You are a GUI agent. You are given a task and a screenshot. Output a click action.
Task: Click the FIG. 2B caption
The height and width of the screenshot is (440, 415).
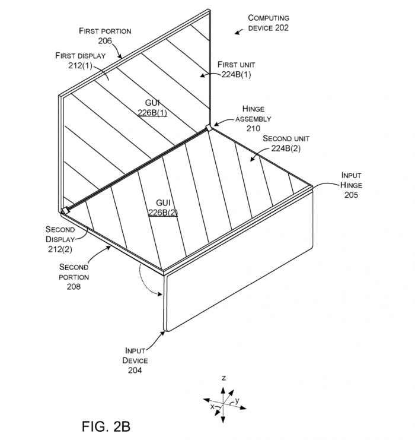[106, 426]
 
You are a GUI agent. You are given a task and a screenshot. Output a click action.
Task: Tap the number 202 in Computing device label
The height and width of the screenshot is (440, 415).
[279, 28]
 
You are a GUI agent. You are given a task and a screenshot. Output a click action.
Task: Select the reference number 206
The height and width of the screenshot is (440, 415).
[105, 41]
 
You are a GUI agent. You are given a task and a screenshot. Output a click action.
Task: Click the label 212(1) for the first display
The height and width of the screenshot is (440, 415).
[80, 65]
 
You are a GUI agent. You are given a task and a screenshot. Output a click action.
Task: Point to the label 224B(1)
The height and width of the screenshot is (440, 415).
[236, 75]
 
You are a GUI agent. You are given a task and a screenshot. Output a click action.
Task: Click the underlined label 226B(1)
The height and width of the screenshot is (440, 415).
[152, 113]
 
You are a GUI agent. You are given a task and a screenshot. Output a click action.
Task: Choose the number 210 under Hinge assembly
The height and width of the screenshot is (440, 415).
[253, 128]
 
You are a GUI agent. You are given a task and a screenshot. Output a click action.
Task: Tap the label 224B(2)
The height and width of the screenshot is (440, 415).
[286, 148]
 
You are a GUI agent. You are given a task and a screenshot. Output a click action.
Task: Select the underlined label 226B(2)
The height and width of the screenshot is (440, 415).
[163, 213]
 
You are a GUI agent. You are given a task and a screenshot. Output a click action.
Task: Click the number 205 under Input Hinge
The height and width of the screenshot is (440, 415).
[351, 195]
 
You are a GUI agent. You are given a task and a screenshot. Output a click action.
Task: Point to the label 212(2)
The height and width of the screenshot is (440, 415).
[60, 249]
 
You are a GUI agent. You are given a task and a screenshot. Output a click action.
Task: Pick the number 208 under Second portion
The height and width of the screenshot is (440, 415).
[74, 287]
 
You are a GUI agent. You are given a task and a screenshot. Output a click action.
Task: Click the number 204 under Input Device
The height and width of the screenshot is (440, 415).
[135, 371]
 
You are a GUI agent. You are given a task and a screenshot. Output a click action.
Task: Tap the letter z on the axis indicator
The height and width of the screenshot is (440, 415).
[224, 378]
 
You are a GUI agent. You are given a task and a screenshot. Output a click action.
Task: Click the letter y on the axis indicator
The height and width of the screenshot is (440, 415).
[237, 400]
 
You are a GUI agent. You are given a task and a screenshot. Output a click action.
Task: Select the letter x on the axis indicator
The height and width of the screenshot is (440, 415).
[212, 406]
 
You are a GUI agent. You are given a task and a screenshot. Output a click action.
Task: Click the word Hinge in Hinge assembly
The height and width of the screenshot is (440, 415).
[253, 109]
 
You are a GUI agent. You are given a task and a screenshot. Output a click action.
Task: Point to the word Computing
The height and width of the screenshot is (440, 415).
[269, 18]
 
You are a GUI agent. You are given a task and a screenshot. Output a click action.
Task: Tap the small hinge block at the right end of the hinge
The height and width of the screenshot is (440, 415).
[209, 128]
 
